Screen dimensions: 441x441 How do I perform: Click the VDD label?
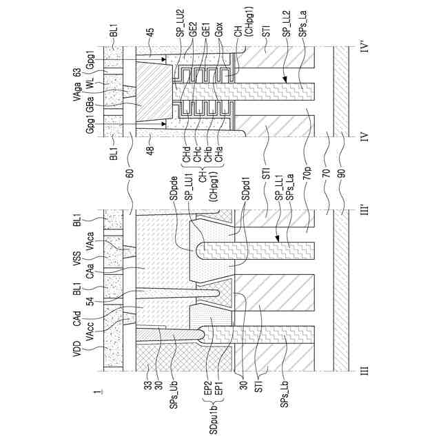pyautogui.click(x=76, y=349)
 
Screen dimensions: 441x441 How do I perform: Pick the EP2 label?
pyautogui.click(x=208, y=389)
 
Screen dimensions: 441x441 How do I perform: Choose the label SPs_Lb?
pyautogui.click(x=284, y=393)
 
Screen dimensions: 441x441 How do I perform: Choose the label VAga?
pyautogui.click(x=76, y=92)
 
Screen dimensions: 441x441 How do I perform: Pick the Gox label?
pyautogui.click(x=218, y=29)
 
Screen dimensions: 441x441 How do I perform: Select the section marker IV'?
pyautogui.click(x=365, y=46)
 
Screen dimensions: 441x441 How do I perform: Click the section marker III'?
pyautogui.click(x=365, y=209)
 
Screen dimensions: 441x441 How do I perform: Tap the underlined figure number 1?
pyautogui.click(x=98, y=392)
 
